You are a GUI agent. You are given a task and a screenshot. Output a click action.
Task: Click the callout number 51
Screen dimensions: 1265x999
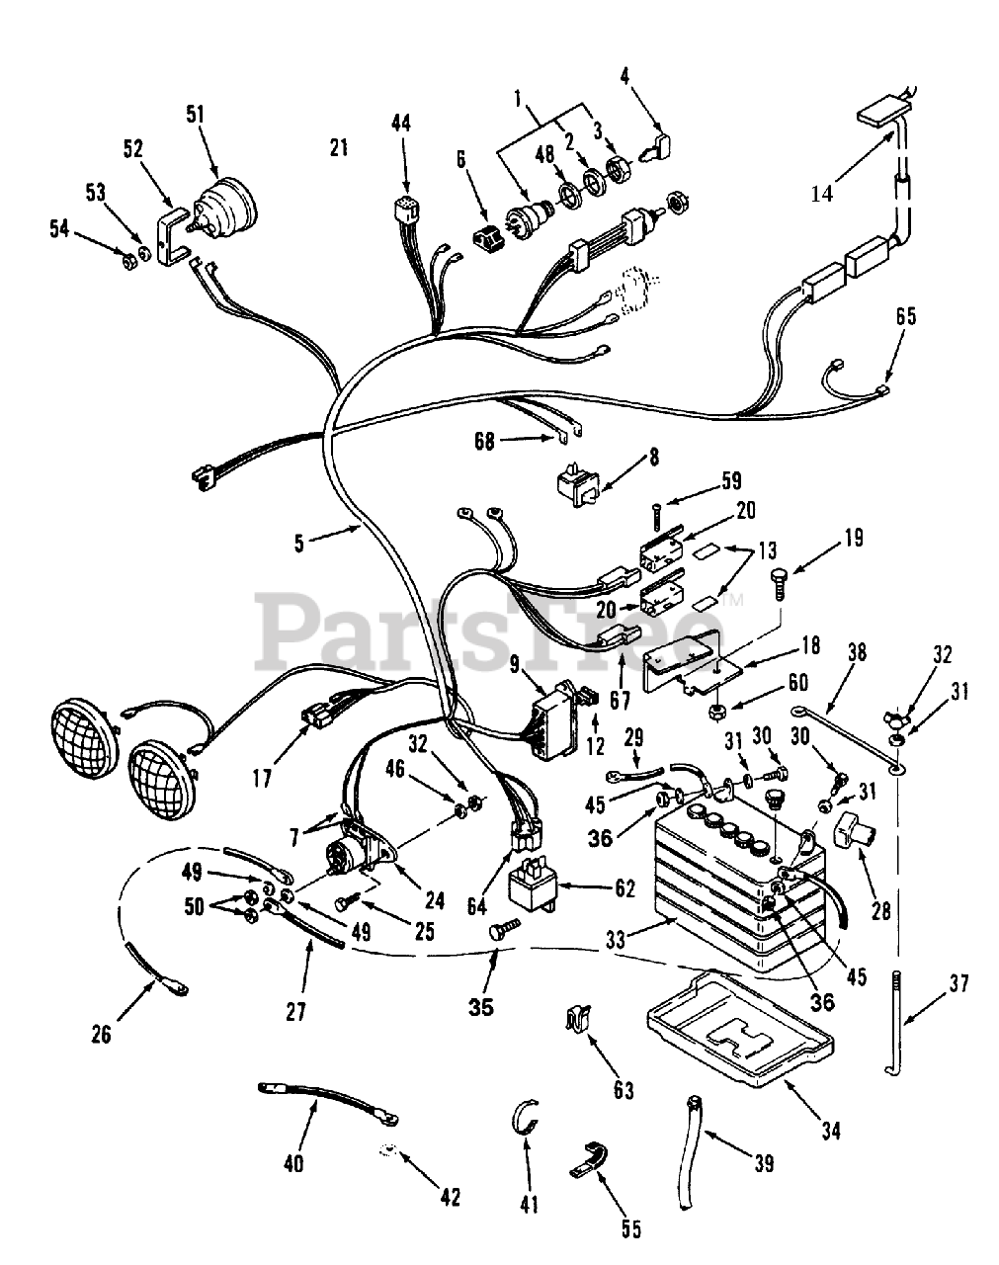click(x=195, y=114)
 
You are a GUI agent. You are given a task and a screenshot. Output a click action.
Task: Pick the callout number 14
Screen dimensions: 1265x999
click(x=821, y=194)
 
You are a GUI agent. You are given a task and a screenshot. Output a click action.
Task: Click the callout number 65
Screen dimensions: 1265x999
click(x=905, y=316)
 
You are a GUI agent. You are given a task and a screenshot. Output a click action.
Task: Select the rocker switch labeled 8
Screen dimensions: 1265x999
click(x=573, y=482)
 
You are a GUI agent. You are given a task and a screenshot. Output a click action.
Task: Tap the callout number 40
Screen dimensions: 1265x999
click(x=293, y=1163)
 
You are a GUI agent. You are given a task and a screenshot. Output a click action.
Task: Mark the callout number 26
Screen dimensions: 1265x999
click(x=100, y=1035)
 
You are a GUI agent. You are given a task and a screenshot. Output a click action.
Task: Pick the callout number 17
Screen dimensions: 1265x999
click(x=260, y=778)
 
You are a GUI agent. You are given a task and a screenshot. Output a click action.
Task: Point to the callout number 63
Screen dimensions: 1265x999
click(x=623, y=1090)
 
